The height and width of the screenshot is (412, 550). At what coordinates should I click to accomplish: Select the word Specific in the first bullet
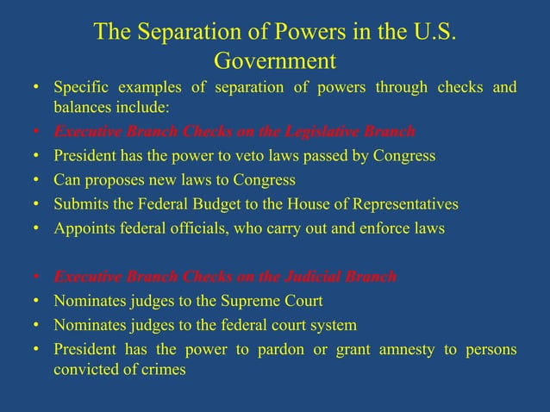pyautogui.click(x=81, y=88)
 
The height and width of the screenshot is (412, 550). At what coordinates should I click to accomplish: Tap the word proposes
pyautogui.click(x=118, y=180)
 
